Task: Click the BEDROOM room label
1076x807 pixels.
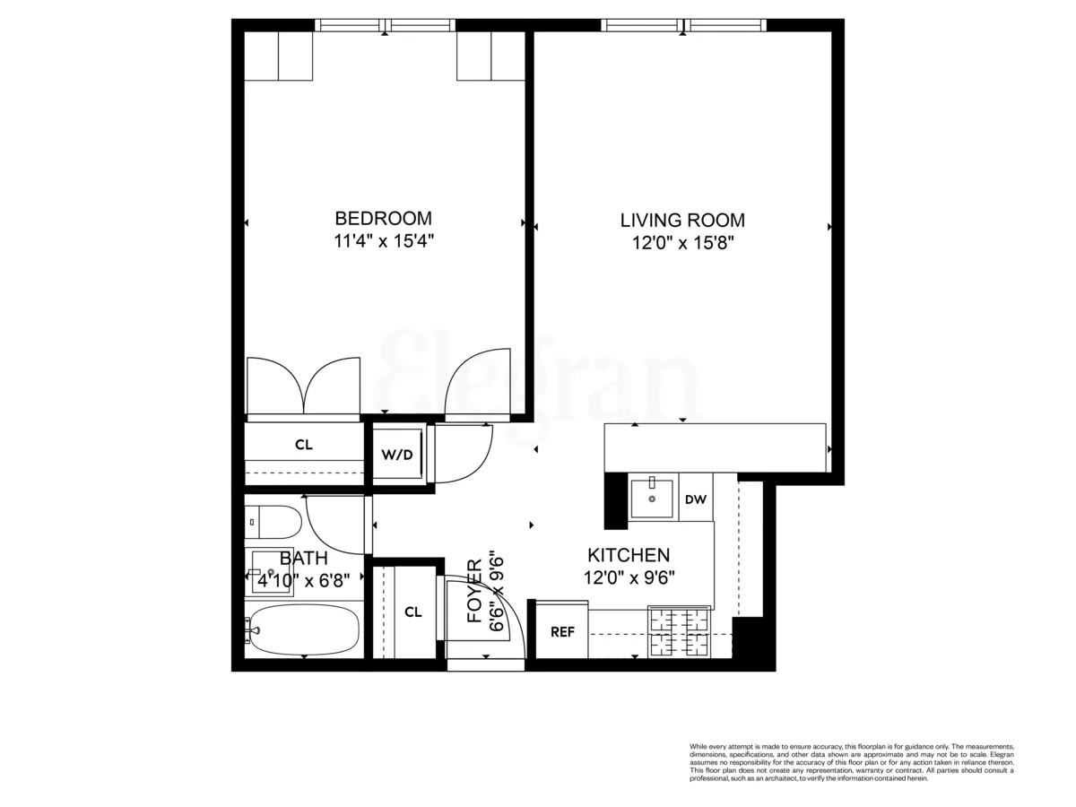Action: click(383, 218)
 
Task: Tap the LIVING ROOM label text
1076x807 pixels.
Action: click(682, 221)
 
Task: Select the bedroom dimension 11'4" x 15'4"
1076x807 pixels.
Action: click(383, 241)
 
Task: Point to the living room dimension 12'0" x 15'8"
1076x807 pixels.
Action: click(682, 243)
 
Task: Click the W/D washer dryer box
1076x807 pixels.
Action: click(397, 455)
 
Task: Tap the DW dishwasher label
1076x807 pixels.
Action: click(695, 499)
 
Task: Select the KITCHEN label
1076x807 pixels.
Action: click(628, 555)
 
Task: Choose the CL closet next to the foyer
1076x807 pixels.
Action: click(412, 612)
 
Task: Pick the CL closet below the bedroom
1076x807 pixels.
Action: click(304, 445)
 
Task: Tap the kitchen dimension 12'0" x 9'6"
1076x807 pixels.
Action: click(628, 578)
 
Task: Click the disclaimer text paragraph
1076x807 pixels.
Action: click(851, 762)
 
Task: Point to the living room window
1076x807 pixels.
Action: click(683, 25)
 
